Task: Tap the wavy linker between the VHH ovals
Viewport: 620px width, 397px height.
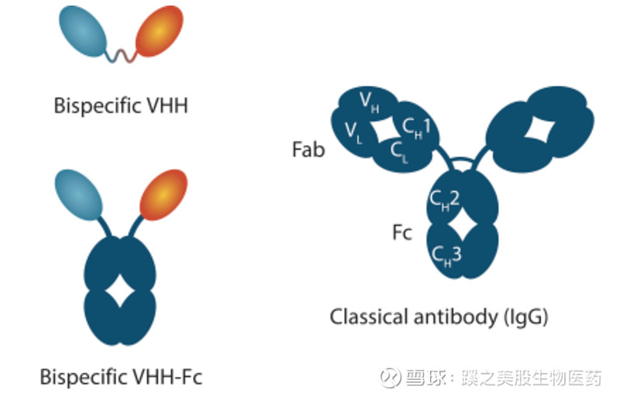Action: point(123,55)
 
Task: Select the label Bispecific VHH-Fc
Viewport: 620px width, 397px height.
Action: point(121,378)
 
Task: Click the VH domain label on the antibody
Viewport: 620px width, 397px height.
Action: point(370,102)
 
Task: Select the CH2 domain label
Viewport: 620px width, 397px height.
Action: point(446,199)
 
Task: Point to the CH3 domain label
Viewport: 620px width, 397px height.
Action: point(447,252)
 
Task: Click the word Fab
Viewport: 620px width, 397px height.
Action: point(308,148)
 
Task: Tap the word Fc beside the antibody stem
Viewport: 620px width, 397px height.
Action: point(401,232)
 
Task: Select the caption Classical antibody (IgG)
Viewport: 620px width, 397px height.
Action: point(439,316)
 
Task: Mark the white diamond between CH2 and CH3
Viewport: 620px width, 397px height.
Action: point(463,226)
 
